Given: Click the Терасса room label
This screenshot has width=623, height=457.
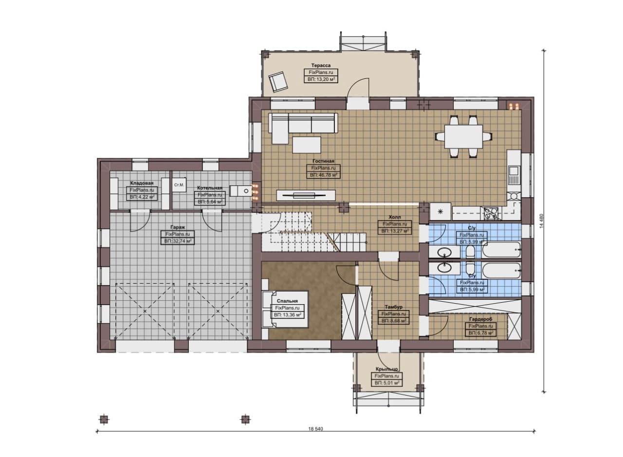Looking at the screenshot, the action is (321, 65).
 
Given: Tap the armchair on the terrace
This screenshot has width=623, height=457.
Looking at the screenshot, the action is (278, 82).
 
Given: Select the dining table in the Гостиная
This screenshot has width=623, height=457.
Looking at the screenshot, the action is (463, 137).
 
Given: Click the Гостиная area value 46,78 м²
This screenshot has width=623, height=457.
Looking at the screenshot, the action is (324, 175).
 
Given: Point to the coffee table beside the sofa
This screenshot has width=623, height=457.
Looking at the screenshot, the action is (307, 145).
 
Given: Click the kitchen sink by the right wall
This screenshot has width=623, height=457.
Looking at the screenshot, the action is (513, 175).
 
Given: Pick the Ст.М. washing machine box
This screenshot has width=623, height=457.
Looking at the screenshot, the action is (179, 185).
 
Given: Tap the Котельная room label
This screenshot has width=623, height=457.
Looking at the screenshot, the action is (210, 188).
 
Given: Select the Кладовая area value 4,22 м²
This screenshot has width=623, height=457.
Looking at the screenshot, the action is (142, 197).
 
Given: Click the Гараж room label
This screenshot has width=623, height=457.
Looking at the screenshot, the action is (178, 227).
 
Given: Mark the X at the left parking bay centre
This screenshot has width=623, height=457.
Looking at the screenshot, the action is (145, 311).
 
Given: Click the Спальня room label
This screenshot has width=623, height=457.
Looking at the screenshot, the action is (287, 301).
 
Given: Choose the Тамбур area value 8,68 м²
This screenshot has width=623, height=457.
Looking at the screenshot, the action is (394, 321).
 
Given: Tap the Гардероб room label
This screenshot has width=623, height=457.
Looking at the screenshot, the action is (480, 319).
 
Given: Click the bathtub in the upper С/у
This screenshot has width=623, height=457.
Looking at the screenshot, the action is (501, 250).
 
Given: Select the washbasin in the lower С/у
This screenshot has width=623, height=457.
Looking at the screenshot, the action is (444, 268).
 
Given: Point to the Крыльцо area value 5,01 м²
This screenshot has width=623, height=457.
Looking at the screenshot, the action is (387, 383).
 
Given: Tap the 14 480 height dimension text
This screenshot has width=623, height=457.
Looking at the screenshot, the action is (541, 221).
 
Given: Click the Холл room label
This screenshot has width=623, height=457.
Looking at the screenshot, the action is (395, 217).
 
